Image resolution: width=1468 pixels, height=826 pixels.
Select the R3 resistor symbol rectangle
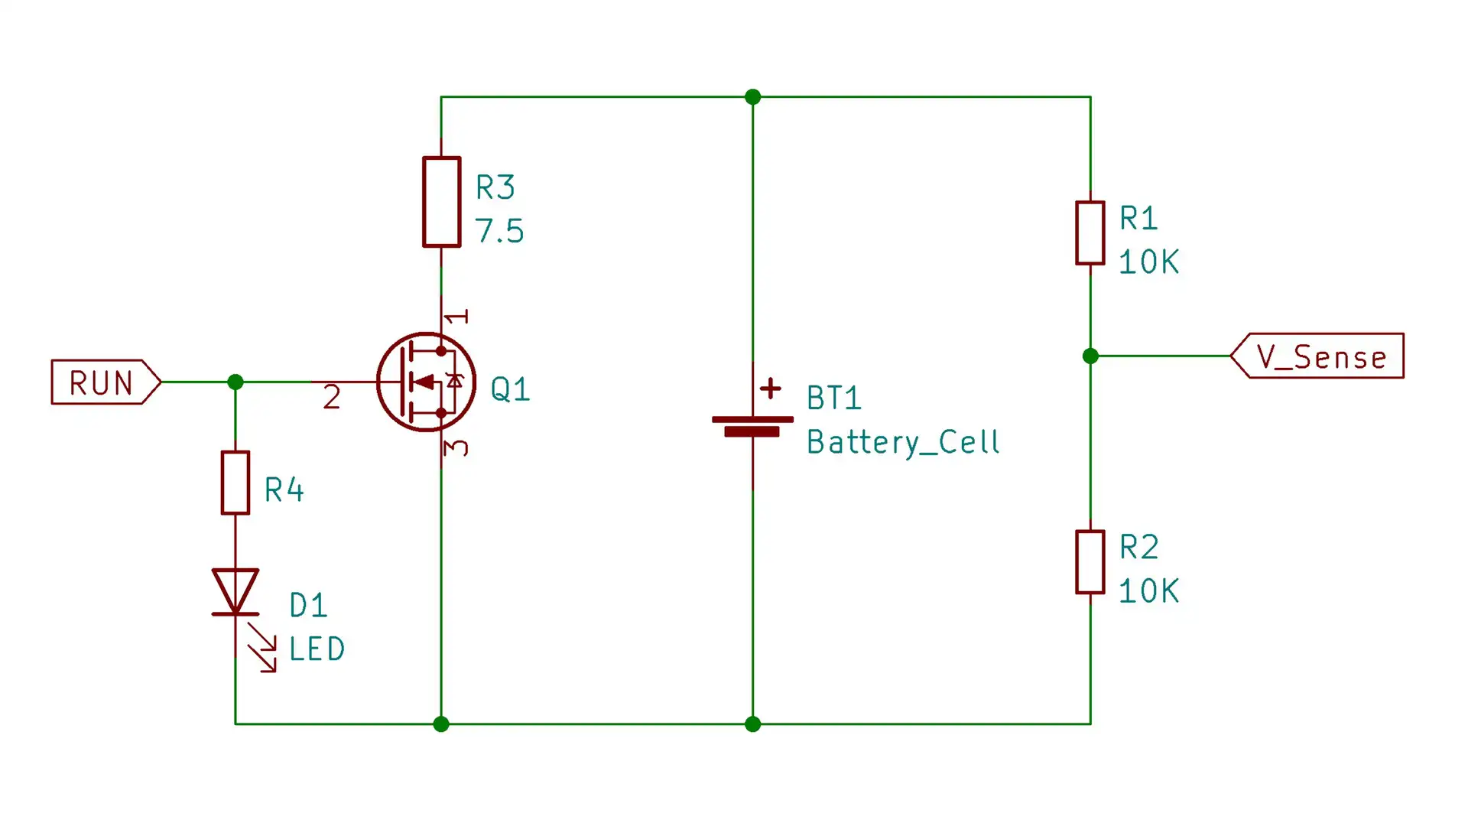point(441,202)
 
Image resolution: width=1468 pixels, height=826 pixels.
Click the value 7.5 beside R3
point(499,231)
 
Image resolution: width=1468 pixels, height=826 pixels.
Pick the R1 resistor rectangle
point(1090,233)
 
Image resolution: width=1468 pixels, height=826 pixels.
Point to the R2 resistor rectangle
point(1090,562)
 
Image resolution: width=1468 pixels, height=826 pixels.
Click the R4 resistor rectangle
point(235,483)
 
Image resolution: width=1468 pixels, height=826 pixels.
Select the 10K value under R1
point(1148,262)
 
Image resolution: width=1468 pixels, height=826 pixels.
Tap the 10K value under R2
point(1148,591)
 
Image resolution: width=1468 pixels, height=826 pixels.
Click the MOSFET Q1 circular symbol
point(426,382)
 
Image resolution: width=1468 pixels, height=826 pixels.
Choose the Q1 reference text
point(510,389)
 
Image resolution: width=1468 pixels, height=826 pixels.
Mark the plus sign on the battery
point(771,389)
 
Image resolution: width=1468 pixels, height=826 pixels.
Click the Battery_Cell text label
point(903,443)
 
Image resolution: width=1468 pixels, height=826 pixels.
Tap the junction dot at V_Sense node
point(1090,356)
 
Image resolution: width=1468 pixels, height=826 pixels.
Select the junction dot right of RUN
point(235,382)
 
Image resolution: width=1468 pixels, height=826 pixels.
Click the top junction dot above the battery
point(752,97)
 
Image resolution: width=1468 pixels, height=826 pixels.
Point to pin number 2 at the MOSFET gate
point(331,397)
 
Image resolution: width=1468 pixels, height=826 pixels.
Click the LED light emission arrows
point(262,648)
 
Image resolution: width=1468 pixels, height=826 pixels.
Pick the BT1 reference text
point(833,398)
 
